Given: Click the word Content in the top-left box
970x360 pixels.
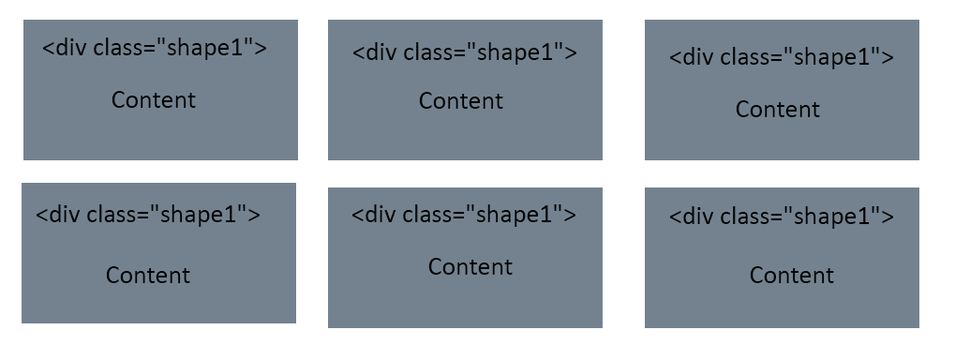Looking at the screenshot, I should click(x=154, y=100).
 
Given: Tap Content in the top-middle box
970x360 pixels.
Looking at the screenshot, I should click(x=460, y=101).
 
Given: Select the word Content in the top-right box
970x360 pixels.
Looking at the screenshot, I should click(x=777, y=110).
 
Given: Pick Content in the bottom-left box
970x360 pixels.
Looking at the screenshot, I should click(x=147, y=276).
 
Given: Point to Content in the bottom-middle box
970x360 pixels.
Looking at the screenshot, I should click(x=470, y=267).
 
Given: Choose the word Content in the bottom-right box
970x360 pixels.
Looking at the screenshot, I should click(x=791, y=276).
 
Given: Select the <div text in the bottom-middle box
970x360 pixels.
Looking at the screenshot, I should click(x=373, y=215).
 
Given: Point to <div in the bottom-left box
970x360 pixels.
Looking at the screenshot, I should click(x=57, y=215).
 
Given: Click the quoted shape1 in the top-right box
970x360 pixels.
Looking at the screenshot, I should click(x=830, y=57).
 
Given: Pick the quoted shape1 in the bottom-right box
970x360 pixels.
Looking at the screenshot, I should click(x=830, y=217).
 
